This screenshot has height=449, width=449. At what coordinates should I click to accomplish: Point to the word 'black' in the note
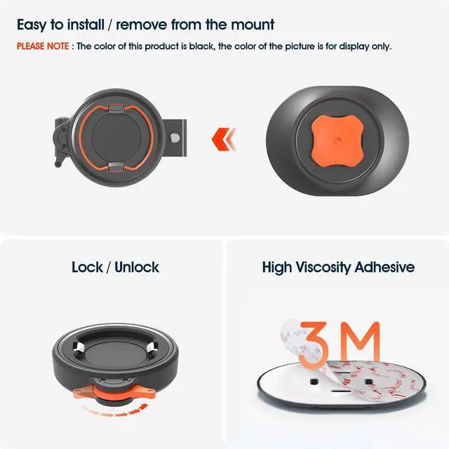(x=217, y=46)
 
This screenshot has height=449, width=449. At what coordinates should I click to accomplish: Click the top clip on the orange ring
(x=119, y=104)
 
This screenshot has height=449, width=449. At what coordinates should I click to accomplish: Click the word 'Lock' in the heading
(x=88, y=267)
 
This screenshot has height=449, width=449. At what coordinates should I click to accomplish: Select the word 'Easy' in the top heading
(x=35, y=25)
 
